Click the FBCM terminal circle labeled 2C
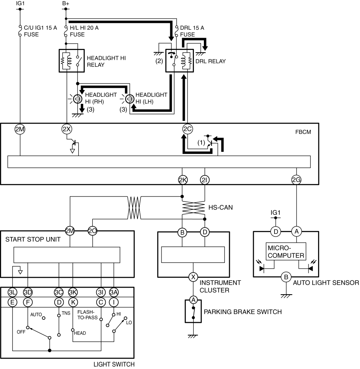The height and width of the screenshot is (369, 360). click(187, 129)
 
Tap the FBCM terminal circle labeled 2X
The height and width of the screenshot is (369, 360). click(67, 129)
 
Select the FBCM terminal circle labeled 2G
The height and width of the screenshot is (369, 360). click(296, 180)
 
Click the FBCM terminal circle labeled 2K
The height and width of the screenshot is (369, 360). click(183, 180)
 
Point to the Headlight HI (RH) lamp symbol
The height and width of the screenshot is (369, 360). click(77, 99)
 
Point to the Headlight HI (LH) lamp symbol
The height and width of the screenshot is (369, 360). click(129, 99)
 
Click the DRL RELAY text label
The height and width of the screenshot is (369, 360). click(210, 61)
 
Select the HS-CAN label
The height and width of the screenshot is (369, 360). click(220, 207)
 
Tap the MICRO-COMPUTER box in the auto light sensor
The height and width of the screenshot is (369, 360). click(286, 251)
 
